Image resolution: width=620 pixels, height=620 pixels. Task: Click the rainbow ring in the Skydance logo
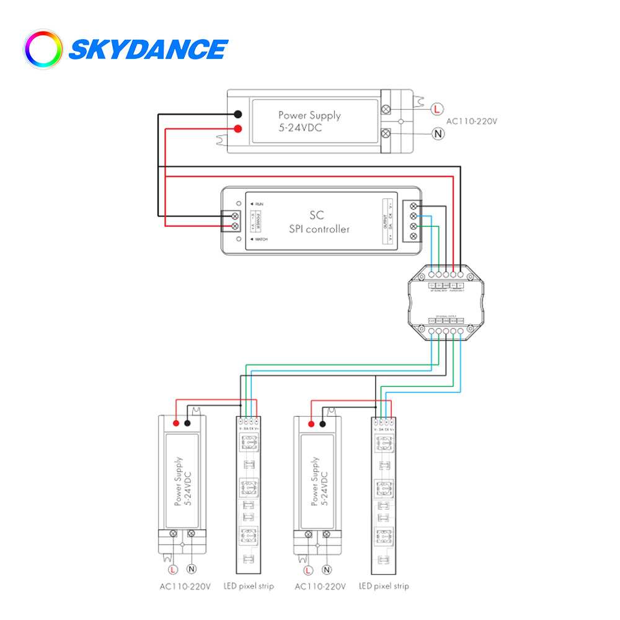[43, 49]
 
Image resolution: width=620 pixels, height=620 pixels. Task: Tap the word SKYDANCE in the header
[148, 50]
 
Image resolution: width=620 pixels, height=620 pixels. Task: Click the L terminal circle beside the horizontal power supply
[437, 109]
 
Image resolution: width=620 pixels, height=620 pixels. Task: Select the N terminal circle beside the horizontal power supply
[437, 133]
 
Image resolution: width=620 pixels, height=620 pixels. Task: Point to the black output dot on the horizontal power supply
[237, 114]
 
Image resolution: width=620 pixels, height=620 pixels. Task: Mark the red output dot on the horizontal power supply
[237, 129]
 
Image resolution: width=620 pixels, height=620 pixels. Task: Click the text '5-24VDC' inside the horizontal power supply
[300, 128]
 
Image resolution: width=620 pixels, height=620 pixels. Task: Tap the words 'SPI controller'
[319, 229]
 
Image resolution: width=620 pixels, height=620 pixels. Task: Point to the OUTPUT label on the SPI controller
[385, 221]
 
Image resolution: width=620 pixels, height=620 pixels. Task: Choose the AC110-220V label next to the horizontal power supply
[472, 121]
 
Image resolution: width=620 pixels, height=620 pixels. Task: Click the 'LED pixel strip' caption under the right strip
[384, 586]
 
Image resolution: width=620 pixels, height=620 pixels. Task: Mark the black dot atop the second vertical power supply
[323, 423]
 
